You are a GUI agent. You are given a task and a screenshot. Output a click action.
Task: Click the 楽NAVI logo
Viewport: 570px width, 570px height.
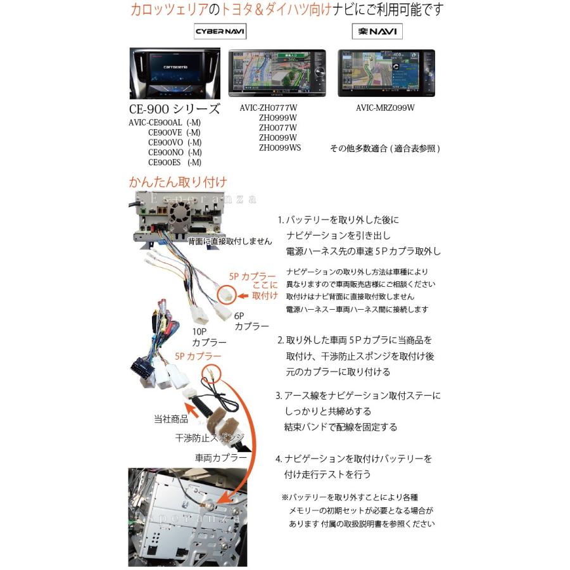377,31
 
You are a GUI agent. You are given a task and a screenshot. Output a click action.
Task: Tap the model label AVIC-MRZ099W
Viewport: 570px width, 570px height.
385,108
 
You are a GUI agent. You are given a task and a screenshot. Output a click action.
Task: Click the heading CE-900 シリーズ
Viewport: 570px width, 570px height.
174,110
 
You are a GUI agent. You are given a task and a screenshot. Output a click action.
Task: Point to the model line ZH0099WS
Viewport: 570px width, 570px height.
280,148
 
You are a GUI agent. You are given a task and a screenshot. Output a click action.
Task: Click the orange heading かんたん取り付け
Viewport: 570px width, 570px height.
177,182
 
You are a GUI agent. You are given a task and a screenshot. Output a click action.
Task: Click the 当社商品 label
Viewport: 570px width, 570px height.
171,419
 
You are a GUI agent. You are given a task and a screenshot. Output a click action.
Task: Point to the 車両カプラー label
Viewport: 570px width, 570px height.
220,457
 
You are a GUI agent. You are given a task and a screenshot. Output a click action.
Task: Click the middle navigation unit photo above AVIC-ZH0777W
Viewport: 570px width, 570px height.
277,72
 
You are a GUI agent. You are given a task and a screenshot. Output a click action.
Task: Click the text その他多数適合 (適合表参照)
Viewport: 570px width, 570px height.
384,149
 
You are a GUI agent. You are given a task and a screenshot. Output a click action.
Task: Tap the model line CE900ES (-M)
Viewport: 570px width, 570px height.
175,162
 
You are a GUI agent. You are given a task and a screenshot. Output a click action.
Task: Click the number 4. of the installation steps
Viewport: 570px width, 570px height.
279,459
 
